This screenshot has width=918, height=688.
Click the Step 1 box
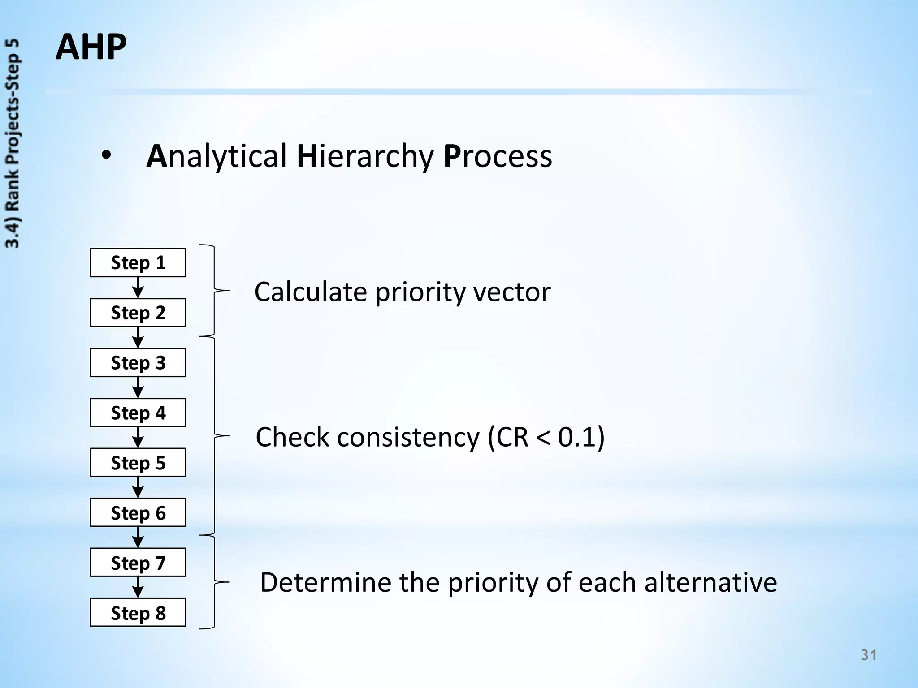pos(138,262)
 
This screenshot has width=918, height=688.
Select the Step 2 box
pos(138,313)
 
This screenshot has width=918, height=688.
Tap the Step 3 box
pos(138,363)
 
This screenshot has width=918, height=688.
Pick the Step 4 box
pos(138,413)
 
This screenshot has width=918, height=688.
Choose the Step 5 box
pos(138,463)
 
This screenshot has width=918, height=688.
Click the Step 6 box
pos(138,513)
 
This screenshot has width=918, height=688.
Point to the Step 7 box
pos(138,563)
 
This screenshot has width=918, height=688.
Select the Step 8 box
pos(138,613)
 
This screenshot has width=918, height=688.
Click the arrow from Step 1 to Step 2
pos(138,288)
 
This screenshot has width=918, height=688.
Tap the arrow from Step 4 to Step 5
pos(138,438)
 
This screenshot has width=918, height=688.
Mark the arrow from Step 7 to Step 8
pos(138,588)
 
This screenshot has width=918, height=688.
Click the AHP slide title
pos(91,47)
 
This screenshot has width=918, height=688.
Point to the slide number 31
pos(869,655)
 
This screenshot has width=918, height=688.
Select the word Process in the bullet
pos(498,156)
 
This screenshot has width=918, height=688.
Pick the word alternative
pos(710,582)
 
